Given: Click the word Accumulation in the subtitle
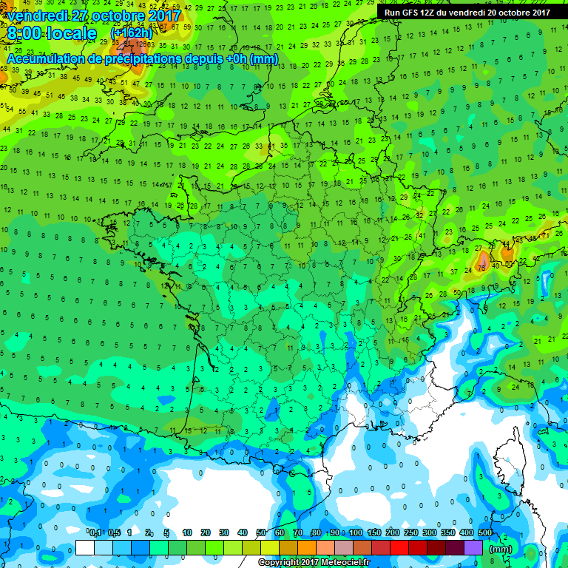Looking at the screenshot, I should tap(41, 58).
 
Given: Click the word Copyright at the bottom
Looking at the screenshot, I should tap(280, 563).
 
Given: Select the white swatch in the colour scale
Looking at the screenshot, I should tap(85, 548).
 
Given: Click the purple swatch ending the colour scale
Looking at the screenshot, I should tap(474, 548).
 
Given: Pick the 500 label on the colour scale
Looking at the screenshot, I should tap(485, 533).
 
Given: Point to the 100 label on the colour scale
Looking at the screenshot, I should tap(355, 533).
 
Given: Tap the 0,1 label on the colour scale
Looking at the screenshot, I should tap(95, 533).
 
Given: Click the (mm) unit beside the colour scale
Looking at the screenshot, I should tap(501, 549).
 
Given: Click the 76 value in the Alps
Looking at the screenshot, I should tap(481, 267).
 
